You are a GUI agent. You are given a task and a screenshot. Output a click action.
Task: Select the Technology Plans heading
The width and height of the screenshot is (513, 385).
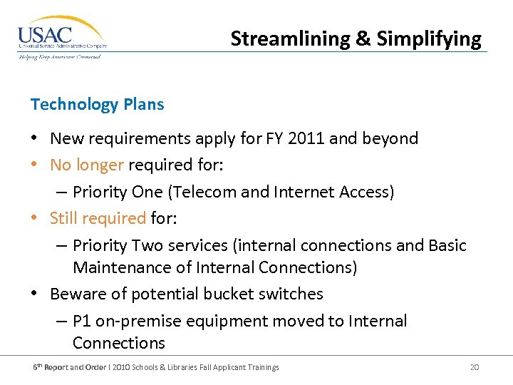97,104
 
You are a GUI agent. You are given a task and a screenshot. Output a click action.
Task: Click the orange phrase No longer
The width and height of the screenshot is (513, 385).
87,165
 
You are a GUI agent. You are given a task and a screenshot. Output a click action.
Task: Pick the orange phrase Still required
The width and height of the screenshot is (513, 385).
98,217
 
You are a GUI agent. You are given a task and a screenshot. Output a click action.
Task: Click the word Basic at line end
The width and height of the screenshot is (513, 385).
447,245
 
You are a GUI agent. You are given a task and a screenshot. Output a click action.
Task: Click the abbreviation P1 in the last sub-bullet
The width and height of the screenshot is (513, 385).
82,321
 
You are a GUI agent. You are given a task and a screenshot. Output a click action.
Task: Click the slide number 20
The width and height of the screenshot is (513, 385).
475,367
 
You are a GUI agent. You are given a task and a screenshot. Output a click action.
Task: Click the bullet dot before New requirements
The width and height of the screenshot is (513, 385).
35,138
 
